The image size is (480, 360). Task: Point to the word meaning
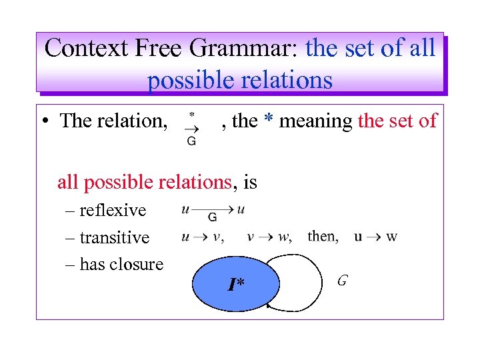pos(316,122)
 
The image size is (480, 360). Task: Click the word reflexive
pos(112,211)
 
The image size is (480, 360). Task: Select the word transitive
pos(115,237)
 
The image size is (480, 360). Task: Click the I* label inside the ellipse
pos(235,286)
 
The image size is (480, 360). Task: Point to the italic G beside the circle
pos(341,281)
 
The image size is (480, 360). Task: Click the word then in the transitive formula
pos(323,237)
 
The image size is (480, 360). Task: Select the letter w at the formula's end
pos(392,237)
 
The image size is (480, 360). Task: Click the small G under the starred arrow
pos(191,141)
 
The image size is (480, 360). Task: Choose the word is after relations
pos(250,181)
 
